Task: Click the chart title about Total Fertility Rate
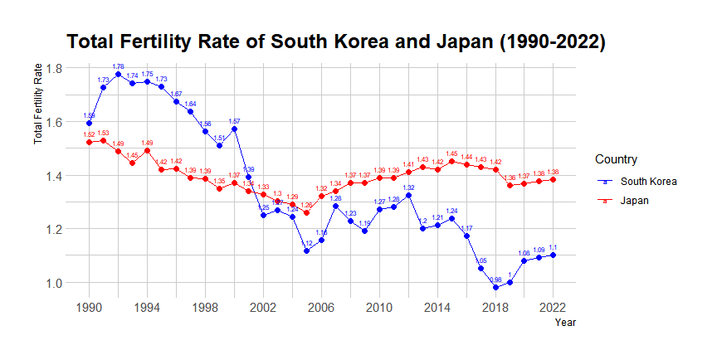coord(336,42)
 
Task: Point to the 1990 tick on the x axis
coord(89,307)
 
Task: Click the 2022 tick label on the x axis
coord(553,307)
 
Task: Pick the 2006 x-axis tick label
coord(321,307)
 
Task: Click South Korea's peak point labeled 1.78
coord(118,74)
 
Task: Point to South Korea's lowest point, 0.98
coord(495,288)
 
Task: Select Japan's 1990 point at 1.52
coord(89,143)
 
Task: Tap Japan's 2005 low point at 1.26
coord(306,212)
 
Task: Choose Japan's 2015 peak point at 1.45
coord(451,162)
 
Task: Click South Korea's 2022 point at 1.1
coord(553,255)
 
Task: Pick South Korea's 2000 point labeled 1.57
coord(234,129)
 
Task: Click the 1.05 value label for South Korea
coord(481,260)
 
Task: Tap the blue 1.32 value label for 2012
coord(408,188)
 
